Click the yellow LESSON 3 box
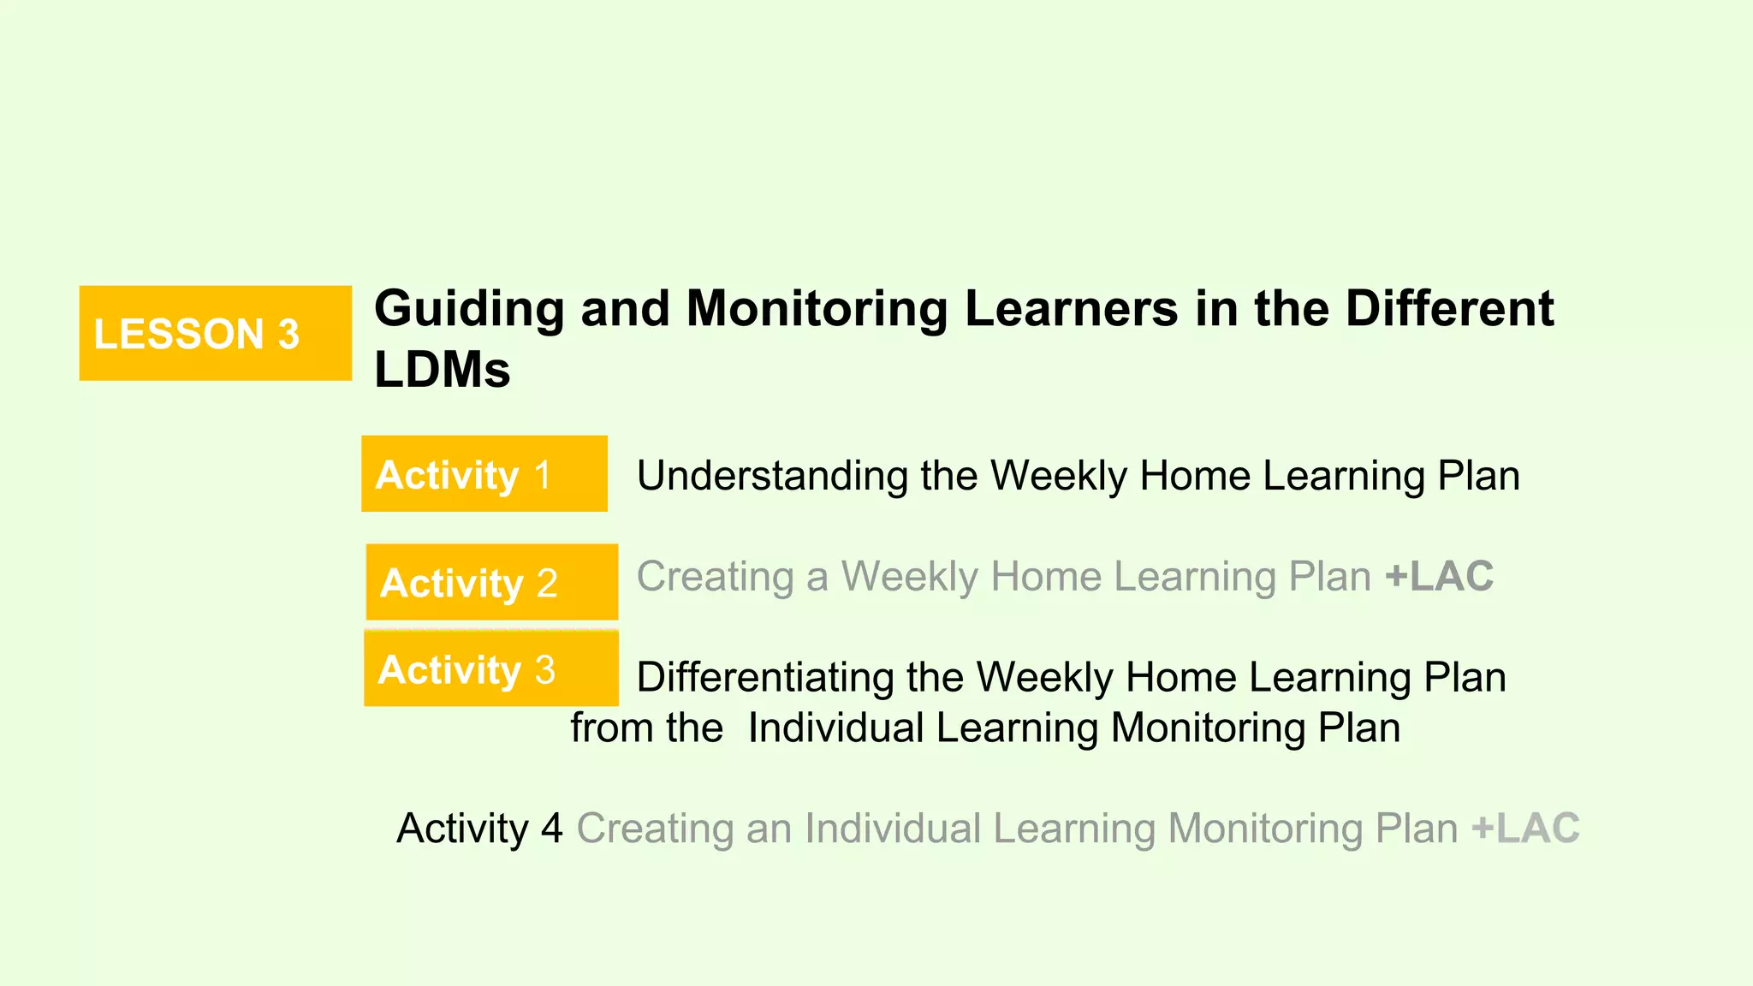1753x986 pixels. (x=215, y=333)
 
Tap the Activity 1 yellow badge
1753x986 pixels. (x=484, y=474)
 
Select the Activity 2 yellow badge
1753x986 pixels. (x=491, y=582)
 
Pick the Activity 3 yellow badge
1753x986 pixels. (x=490, y=668)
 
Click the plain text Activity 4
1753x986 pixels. (x=479, y=828)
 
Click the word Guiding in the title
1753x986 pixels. (x=469, y=308)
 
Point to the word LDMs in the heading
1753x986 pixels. (x=442, y=370)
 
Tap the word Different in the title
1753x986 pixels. (x=1449, y=308)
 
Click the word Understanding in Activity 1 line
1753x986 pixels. (x=771, y=476)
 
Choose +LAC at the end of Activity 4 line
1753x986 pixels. (x=1525, y=828)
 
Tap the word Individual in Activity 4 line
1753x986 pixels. (x=892, y=828)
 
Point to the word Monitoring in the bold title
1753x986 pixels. (x=817, y=308)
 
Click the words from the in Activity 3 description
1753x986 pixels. (x=646, y=728)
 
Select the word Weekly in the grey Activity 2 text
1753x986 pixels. (x=909, y=576)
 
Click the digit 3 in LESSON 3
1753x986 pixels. (x=288, y=334)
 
